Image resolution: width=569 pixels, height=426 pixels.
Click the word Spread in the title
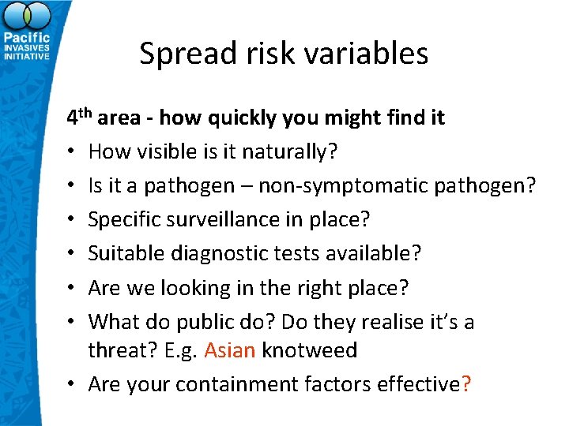coord(179,54)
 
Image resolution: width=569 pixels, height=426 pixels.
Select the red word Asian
coord(230,350)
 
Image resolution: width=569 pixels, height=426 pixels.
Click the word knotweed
coord(310,350)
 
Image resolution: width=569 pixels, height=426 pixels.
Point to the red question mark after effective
coord(466,383)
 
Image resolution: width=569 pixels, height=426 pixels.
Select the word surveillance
coord(220,220)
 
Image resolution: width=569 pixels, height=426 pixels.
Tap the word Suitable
coord(122,254)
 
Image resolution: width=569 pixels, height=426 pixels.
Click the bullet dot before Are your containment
coord(71,384)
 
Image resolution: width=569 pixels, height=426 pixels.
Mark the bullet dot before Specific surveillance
coord(71,220)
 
